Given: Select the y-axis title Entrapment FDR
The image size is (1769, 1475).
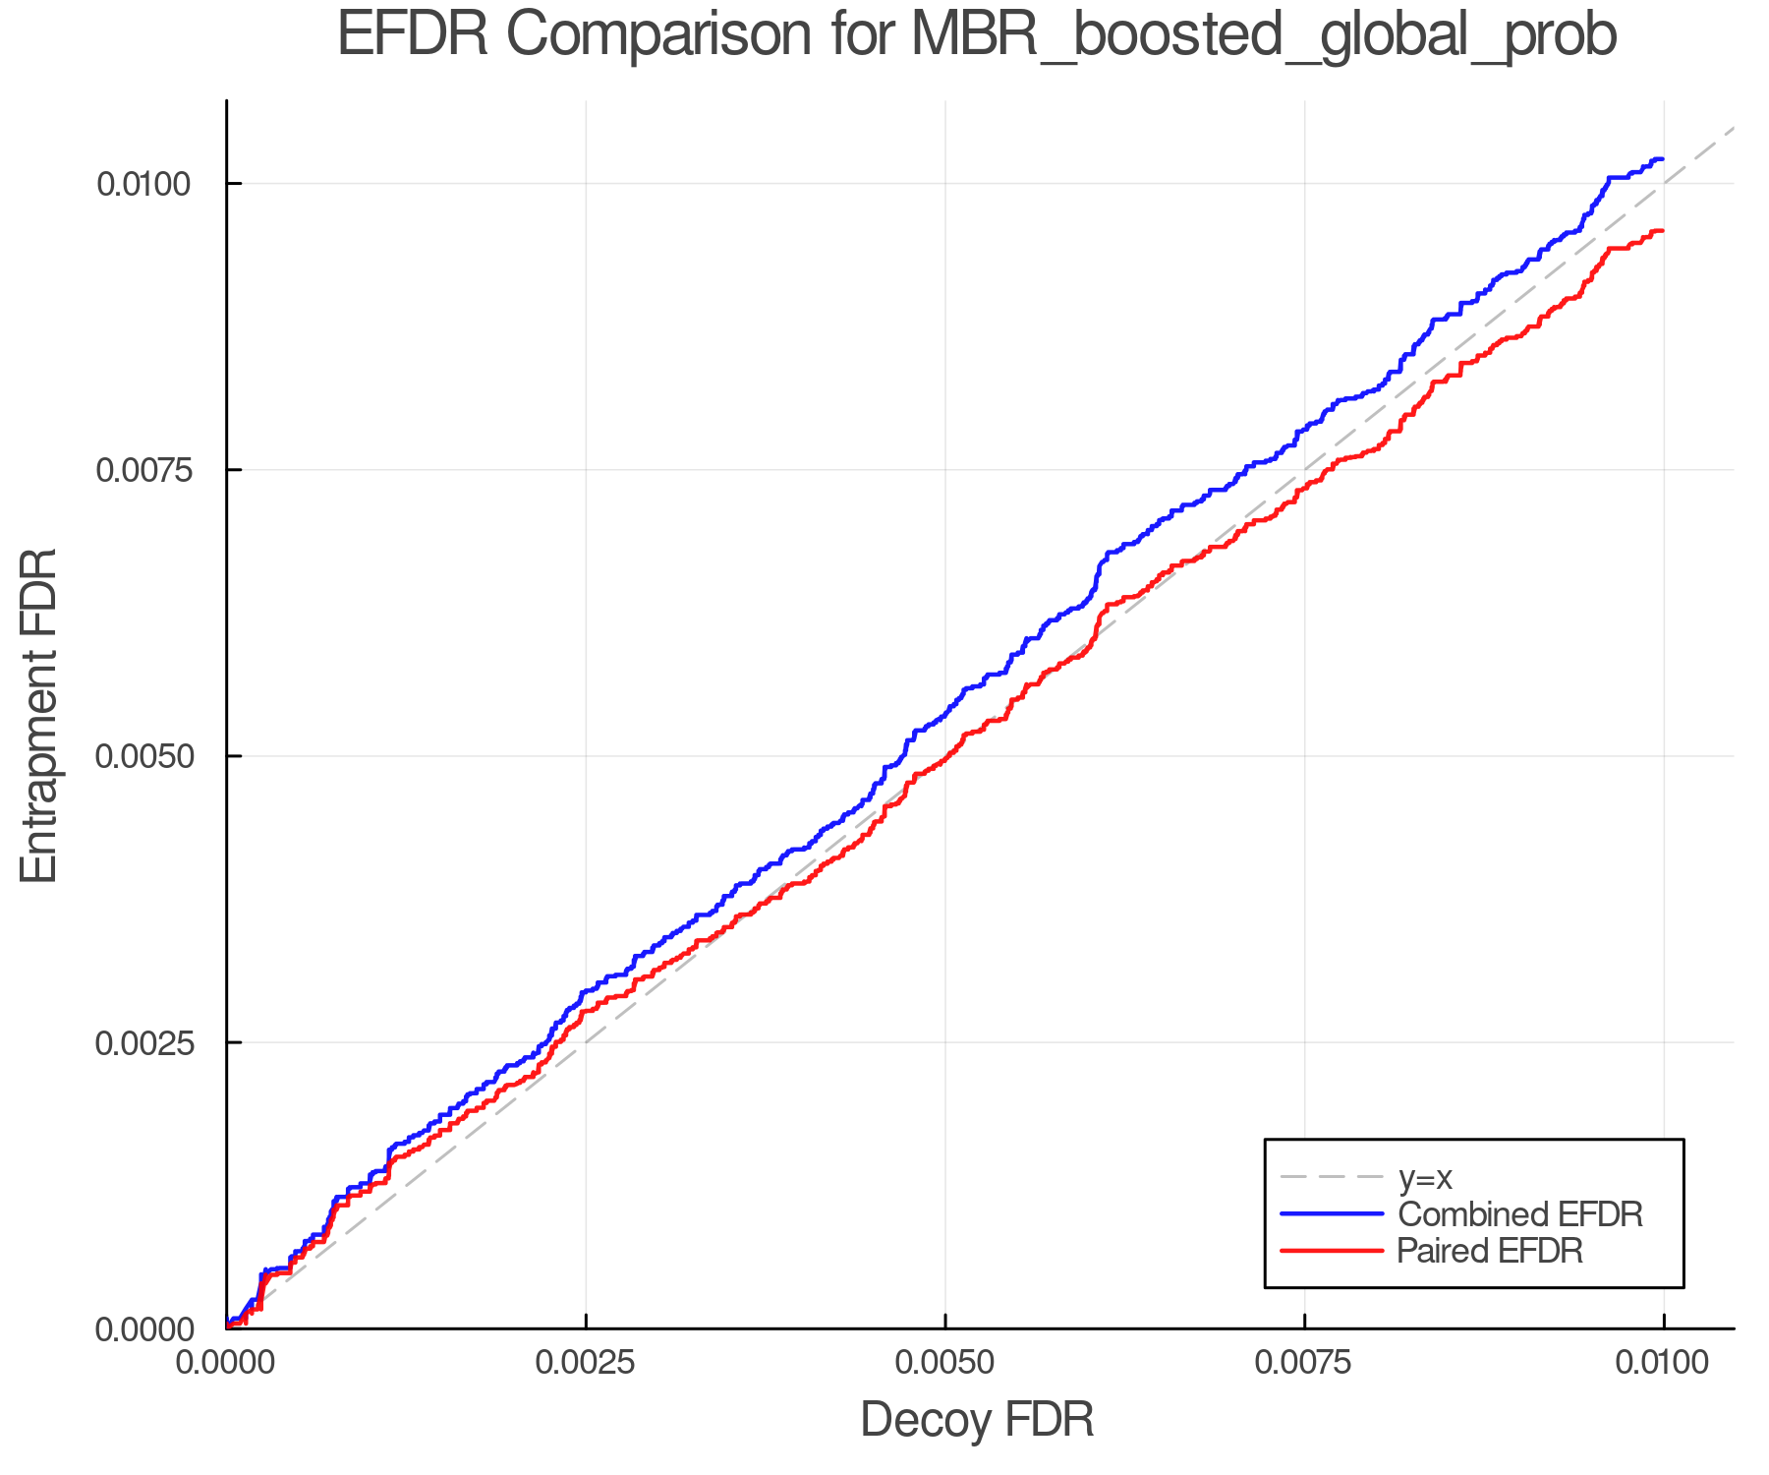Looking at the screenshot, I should click(x=39, y=715).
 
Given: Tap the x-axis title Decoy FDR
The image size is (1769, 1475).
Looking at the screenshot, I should click(x=977, y=1420).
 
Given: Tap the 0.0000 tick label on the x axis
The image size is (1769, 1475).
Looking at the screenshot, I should click(x=227, y=1363).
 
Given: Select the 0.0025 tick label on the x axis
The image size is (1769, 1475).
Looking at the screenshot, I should click(x=586, y=1363).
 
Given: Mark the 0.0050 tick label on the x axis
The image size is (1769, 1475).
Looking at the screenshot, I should click(x=945, y=1363).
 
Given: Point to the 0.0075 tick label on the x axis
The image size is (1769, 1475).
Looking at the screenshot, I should click(x=1304, y=1363).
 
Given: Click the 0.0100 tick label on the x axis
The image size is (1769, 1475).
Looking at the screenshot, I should click(x=1663, y=1363).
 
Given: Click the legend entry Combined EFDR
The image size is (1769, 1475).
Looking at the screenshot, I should click(x=1519, y=1214).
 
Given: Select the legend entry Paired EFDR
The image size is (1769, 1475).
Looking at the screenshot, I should click(x=1490, y=1251).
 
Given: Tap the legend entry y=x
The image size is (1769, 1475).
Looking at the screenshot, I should click(x=1425, y=1177).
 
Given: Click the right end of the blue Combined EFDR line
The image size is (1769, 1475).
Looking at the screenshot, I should click(x=1662, y=159).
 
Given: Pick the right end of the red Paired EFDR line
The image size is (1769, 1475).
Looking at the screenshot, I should click(x=1662, y=231).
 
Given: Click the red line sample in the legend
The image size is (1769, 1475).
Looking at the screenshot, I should click(x=1332, y=1251).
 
